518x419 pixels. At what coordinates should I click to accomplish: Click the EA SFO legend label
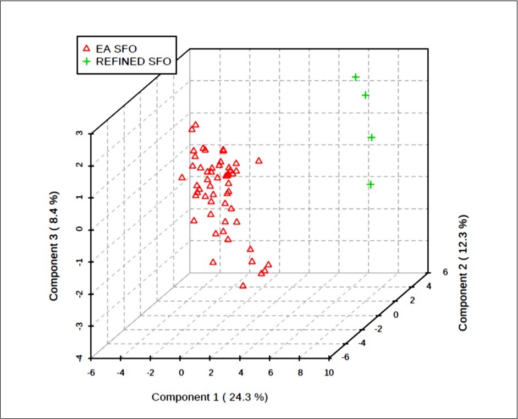116,48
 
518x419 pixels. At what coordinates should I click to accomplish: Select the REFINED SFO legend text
134,62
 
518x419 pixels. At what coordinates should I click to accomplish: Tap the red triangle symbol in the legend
86,48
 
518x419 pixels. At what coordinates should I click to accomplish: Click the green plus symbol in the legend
86,62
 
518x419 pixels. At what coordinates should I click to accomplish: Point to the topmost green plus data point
356,77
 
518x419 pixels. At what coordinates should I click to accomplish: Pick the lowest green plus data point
371,184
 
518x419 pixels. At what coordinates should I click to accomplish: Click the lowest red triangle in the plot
243,285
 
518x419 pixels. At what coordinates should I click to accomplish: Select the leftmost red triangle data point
182,177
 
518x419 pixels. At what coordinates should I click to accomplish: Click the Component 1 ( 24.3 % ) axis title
210,397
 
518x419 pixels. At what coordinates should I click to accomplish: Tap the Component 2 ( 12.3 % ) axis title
464,273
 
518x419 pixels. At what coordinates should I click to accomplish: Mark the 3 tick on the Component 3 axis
80,133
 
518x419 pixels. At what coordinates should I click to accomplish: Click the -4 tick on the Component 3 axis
80,358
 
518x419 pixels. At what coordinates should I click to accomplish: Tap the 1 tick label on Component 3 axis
80,197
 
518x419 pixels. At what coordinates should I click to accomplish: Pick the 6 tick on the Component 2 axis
445,272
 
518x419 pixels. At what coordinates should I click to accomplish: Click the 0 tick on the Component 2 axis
395,314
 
